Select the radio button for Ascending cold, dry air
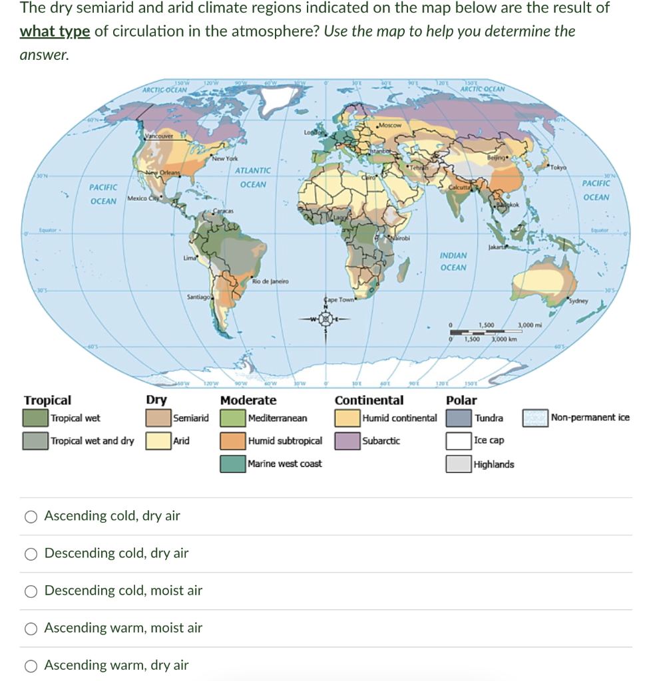31,516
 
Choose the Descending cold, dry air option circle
31,553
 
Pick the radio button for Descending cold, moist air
31,591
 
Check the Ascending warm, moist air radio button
31,628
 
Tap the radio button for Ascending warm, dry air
31,665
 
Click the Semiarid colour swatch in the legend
158,418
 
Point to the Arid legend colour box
158,441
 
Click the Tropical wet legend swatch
36,418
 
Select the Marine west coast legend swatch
233,464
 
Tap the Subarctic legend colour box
347,441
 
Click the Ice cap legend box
459,441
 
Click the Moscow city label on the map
389,126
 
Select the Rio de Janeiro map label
269,281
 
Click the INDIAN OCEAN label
453,261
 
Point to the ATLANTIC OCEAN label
253,178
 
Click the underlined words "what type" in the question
55,31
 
